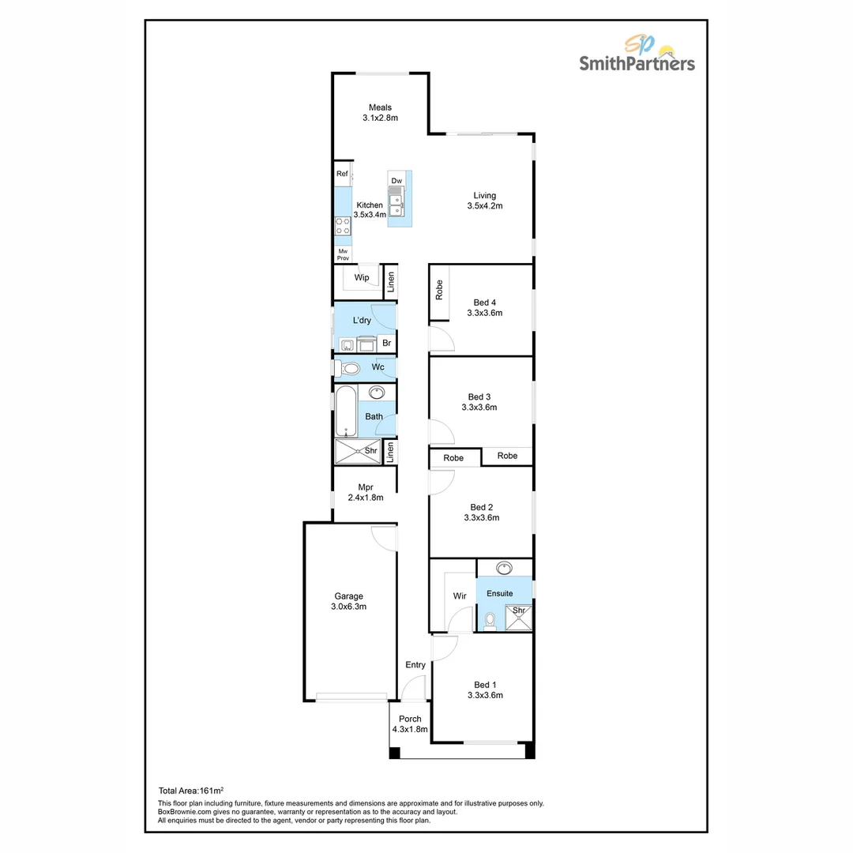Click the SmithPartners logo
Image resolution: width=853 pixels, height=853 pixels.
637,54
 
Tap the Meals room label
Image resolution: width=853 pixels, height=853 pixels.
380,107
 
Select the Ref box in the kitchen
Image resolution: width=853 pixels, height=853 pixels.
342,174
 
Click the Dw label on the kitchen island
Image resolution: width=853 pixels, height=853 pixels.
396,181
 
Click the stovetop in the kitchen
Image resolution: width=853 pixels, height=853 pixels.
342,226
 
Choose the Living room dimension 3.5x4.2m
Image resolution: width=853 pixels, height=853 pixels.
485,206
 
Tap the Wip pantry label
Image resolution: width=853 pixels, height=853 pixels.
362,278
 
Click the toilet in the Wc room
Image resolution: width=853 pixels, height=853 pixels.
349,368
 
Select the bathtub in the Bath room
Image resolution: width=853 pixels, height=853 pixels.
346,411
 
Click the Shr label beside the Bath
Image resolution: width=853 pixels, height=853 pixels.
370,451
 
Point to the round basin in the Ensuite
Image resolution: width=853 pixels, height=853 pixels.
505,567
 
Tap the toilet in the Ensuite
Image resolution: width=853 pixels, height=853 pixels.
490,622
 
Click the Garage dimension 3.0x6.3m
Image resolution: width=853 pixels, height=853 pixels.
348,607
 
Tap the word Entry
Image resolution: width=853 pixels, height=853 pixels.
415,665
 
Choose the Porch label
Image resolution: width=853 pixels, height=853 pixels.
410,719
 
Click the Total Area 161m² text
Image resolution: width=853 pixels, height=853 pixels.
191,790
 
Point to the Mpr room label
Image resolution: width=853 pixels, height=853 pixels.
365,487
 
